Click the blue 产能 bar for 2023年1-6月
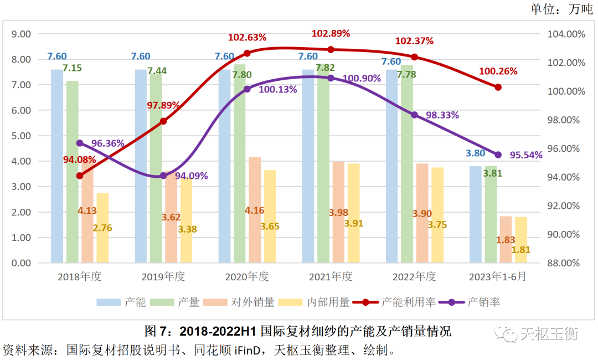pyautogui.click(x=476, y=214)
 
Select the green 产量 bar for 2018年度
pyautogui.click(x=72, y=172)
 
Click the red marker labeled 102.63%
pyautogui.click(x=247, y=53)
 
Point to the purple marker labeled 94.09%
pyautogui.click(x=163, y=176)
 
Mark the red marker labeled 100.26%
pyautogui.click(x=498, y=87)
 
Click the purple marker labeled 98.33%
pyautogui.click(x=414, y=115)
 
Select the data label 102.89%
pyautogui.click(x=331, y=33)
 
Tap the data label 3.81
pyautogui.click(x=492, y=173)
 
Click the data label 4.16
pyautogui.click(x=255, y=210)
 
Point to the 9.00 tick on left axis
pyautogui.click(x=21, y=34)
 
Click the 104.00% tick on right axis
pyautogui.click(x=562, y=34)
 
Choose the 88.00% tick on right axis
pyautogui.click(x=562, y=263)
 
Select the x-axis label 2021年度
pyautogui.click(x=331, y=276)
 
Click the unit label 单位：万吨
pyautogui.click(x=561, y=9)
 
